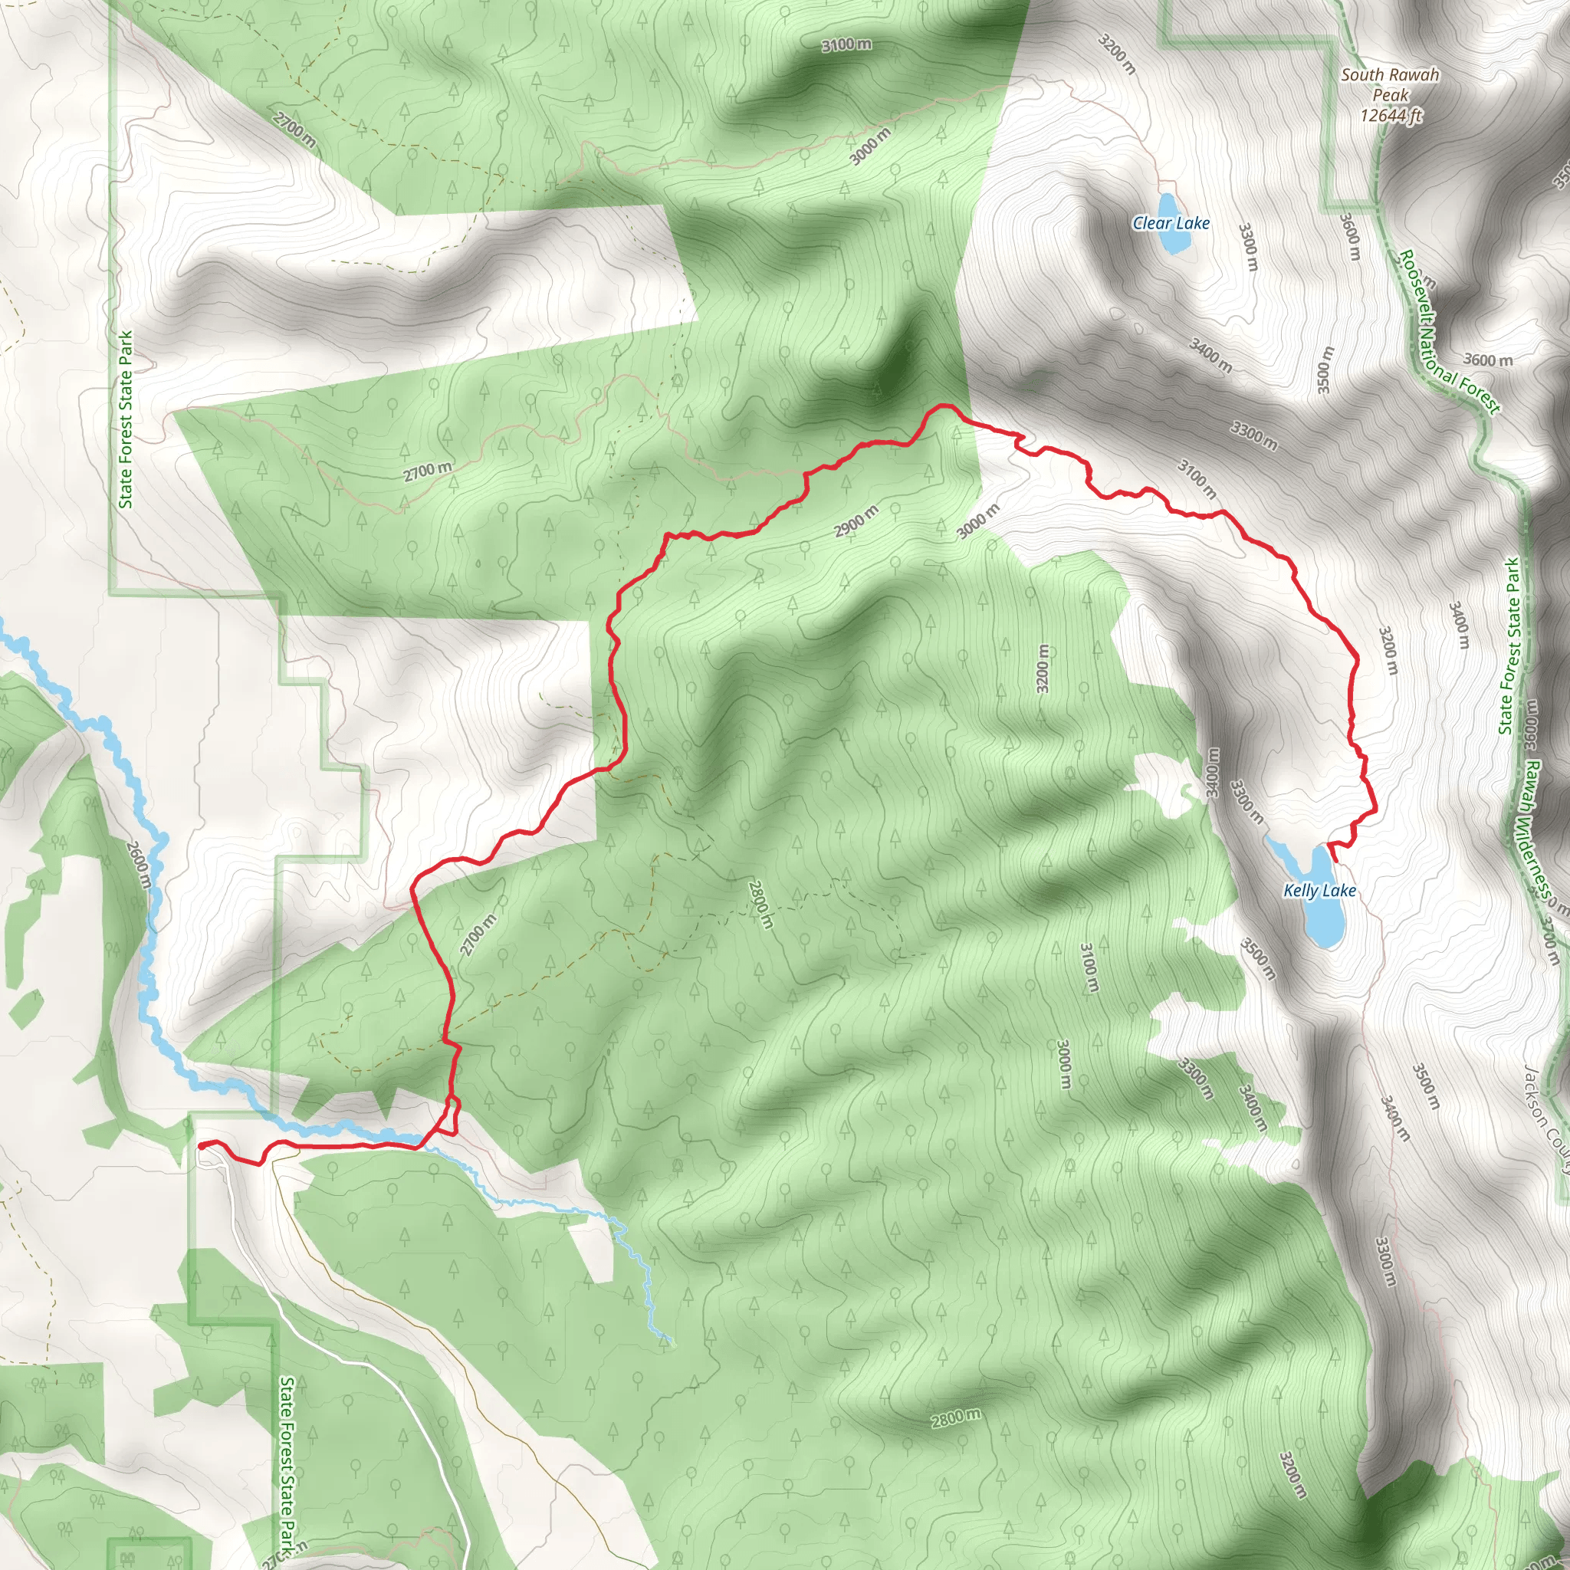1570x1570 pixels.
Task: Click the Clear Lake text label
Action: pos(1171,222)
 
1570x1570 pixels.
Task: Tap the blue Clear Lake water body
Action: pos(1169,204)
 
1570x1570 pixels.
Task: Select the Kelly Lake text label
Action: pos(1320,891)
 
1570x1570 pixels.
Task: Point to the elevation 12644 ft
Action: pos(1391,116)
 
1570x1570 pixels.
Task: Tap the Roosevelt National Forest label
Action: pos(1449,333)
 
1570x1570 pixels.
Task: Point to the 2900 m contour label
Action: pos(856,521)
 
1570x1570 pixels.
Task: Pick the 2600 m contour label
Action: pos(138,864)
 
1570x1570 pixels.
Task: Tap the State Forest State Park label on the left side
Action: pos(126,419)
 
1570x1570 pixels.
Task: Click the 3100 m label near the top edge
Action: pos(846,44)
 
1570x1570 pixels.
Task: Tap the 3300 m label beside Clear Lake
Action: pos(1249,248)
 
